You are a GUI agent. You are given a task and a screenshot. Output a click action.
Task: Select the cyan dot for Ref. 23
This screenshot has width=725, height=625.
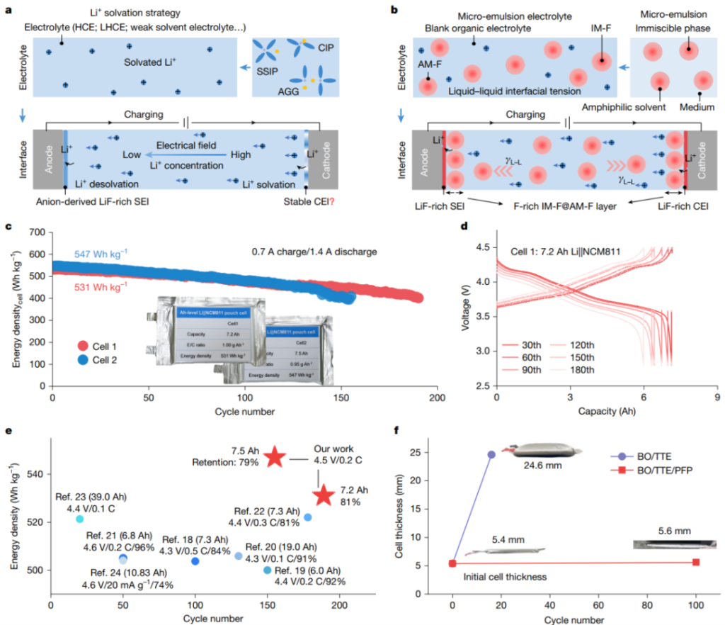pyautogui.click(x=79, y=519)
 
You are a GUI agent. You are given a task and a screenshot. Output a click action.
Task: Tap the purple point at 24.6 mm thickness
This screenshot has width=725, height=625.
pyautogui.click(x=491, y=454)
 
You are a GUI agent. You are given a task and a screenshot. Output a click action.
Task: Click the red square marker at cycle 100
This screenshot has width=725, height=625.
pyautogui.click(x=696, y=562)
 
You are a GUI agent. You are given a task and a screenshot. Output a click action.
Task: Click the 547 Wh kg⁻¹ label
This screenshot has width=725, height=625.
pyautogui.click(x=103, y=254)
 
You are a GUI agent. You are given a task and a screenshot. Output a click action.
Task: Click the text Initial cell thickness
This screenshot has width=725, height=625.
pyautogui.click(x=505, y=577)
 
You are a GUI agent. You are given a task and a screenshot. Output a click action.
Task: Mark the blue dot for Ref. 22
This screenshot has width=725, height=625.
pyautogui.click(x=308, y=517)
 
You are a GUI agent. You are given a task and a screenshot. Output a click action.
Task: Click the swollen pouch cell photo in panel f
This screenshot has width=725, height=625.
pyautogui.click(x=545, y=450)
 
